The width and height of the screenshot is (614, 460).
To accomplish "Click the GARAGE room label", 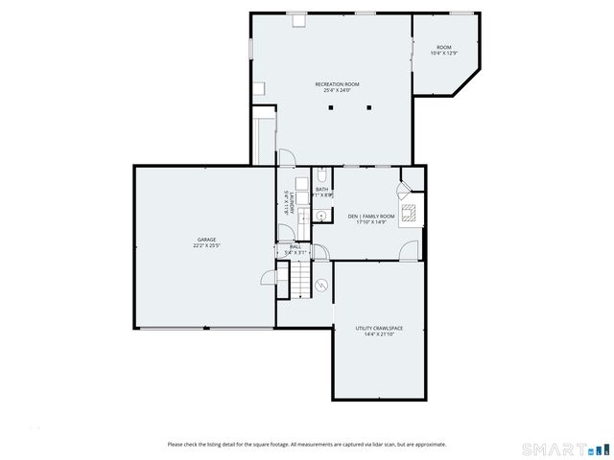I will tap(206, 240).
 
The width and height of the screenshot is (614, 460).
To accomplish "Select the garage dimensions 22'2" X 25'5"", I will tap(206, 246).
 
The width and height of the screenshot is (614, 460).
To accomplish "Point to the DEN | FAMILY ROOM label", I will tap(371, 216).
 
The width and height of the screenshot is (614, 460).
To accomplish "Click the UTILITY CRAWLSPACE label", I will tap(379, 328).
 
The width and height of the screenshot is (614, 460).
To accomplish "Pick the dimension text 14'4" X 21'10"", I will tap(379, 334).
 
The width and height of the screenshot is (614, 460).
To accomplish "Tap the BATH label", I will tap(321, 189).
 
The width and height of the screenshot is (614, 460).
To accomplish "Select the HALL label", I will tap(295, 246).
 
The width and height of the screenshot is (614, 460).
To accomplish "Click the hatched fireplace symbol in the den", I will tap(410, 213).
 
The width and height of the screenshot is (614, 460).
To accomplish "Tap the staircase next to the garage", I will tap(302, 278).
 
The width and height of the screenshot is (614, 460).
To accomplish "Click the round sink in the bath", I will tap(320, 217).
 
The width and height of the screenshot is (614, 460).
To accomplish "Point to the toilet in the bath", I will tap(322, 175).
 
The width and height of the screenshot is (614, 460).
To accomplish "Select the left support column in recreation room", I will tap(329, 108).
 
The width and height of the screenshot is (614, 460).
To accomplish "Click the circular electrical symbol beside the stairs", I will tap(322, 285).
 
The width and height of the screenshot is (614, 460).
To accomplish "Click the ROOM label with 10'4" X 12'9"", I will tap(443, 47).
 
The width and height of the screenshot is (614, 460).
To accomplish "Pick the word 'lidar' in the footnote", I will tap(368, 444).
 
